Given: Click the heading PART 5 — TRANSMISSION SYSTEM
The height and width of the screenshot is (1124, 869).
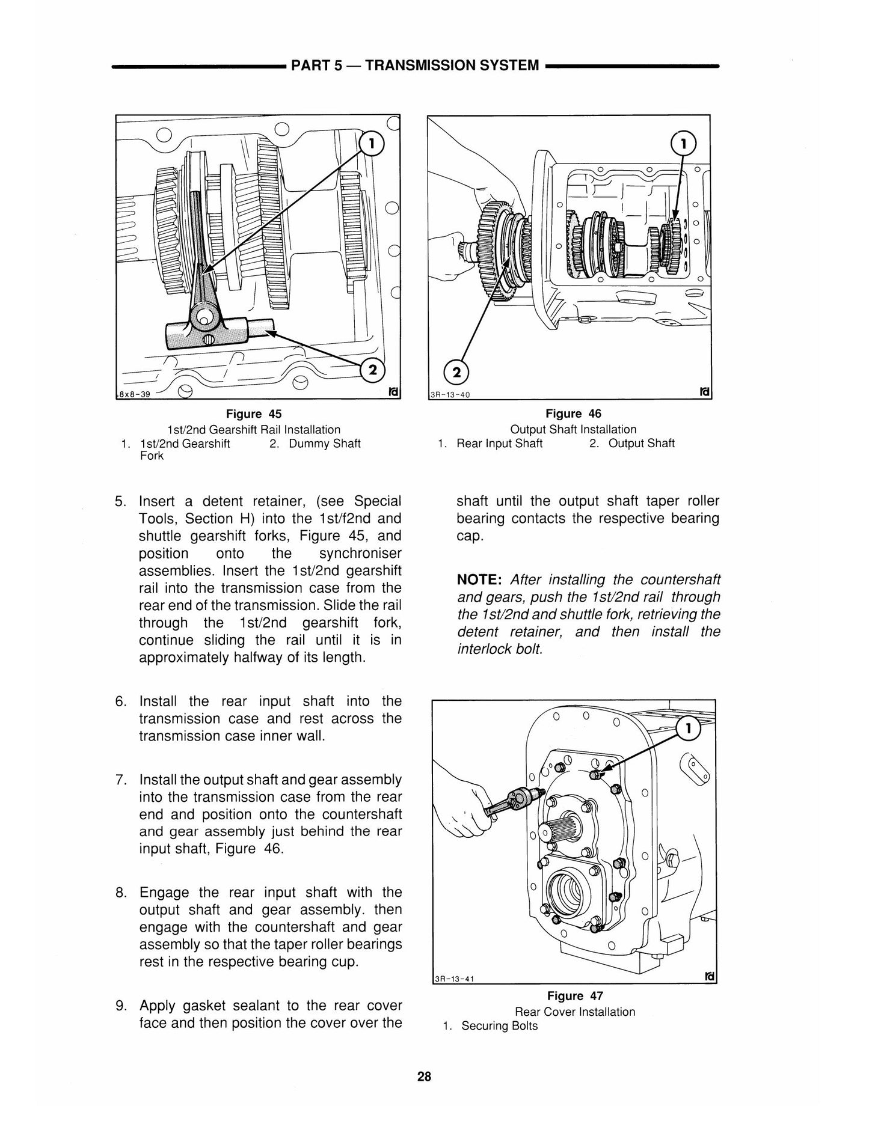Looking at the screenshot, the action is coord(415,64).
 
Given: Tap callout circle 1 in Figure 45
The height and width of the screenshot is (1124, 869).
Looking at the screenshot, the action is coord(371,144).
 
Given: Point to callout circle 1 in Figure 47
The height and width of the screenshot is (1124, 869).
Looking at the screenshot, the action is coord(690,729).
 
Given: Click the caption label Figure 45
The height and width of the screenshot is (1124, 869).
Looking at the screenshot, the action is coord(253,414).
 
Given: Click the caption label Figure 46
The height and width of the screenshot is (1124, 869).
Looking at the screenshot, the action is coord(573,414).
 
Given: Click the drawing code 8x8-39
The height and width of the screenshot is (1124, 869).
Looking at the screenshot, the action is coord(134,395).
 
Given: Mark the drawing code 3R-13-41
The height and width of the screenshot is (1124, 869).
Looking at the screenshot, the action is coord(454,978).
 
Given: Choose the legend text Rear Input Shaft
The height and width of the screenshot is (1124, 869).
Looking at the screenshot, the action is coord(499,444).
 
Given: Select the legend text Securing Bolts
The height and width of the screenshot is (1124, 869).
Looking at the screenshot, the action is coord(499,1026).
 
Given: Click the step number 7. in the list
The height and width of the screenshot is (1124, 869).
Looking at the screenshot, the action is coord(120,780).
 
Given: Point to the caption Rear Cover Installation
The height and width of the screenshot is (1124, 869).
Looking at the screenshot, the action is coord(575,1012).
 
